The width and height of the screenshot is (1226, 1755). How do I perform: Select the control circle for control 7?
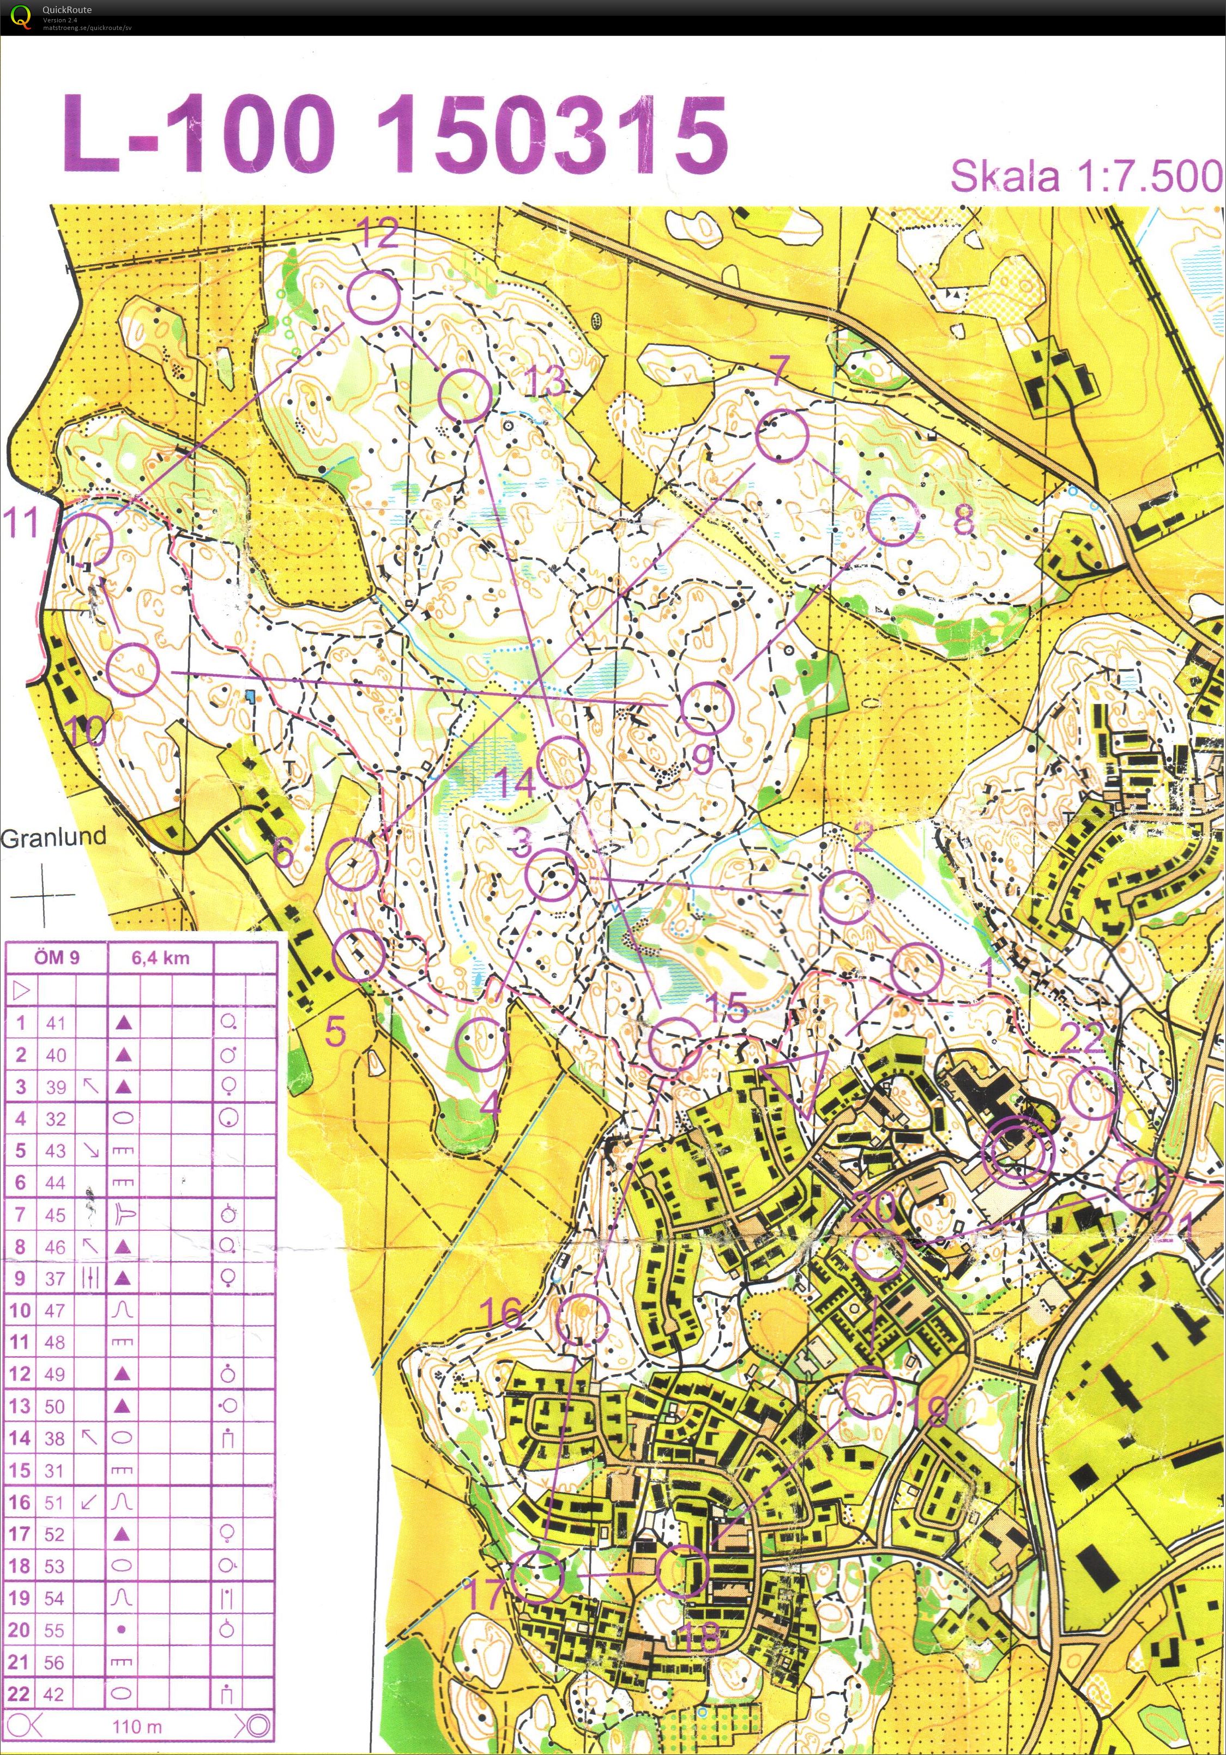click(782, 436)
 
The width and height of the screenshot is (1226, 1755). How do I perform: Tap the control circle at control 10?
click(132, 670)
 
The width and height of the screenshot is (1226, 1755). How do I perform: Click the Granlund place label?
click(53, 837)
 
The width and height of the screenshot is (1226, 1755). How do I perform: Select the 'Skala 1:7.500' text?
click(1085, 176)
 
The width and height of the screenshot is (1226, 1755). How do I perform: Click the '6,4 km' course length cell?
click(161, 958)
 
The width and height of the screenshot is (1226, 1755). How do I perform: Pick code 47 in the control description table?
click(55, 1310)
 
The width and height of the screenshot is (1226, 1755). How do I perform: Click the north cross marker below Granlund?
click(44, 895)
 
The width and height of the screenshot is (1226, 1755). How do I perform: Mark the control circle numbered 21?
click(1143, 1184)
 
